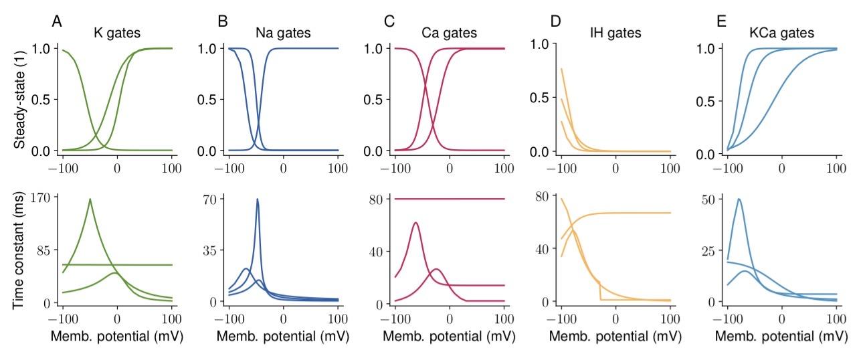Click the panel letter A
point(58,21)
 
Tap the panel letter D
point(555,21)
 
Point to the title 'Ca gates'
point(449,32)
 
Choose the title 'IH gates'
point(615,32)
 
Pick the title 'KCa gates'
point(781,32)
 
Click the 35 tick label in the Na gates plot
point(209,250)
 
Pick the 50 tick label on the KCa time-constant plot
point(708,199)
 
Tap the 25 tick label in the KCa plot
point(708,250)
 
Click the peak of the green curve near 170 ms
point(90,199)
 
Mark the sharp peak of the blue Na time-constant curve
point(258,199)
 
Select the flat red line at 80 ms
point(449,199)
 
